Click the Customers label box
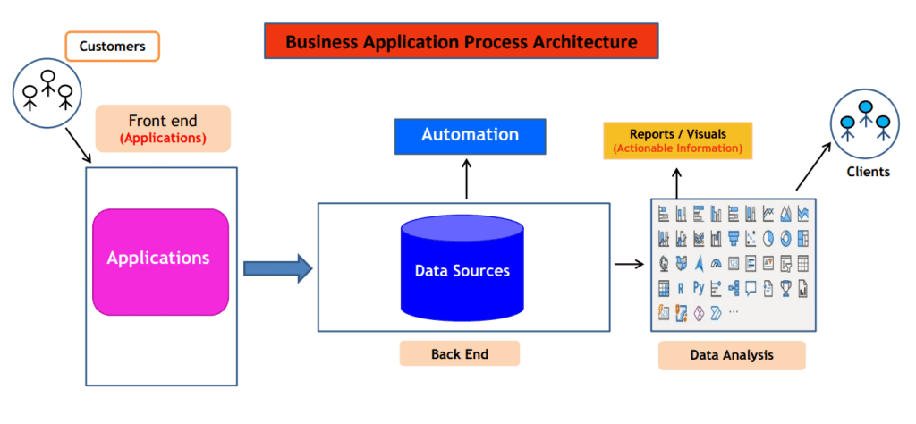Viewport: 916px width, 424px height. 112,47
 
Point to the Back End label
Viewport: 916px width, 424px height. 460,354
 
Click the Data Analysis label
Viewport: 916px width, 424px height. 732,355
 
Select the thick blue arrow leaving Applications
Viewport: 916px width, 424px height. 278,268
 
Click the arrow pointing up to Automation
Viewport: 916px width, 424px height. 466,178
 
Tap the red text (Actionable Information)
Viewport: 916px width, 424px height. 678,148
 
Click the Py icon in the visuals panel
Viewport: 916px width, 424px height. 699,287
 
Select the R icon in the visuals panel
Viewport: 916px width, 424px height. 681,287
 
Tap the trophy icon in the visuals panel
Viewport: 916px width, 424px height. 785,288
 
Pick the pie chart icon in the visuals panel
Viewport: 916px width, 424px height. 768,238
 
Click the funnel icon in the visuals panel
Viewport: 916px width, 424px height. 734,238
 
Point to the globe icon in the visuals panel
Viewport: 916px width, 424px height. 664,263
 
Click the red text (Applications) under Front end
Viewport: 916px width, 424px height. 163,140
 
